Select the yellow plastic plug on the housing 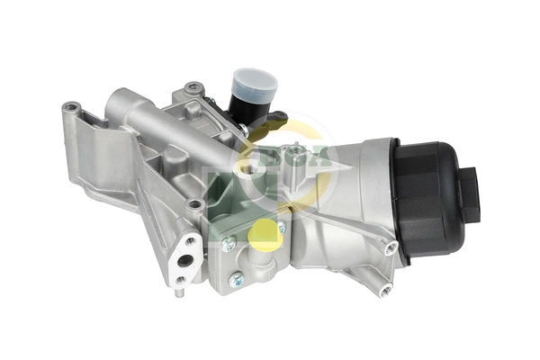tap(263, 236)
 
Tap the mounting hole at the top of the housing tap(193, 88)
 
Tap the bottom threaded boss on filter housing tap(385, 290)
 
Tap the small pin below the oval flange tap(181, 281)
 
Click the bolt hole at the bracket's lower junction tap(195, 205)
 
